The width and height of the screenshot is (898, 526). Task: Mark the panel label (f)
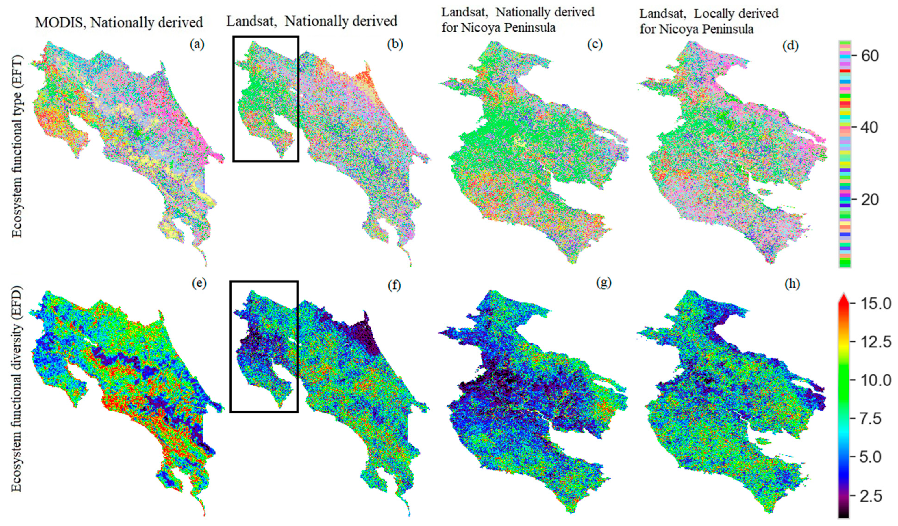pyautogui.click(x=394, y=285)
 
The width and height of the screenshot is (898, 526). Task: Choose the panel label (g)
pyautogui.click(x=603, y=283)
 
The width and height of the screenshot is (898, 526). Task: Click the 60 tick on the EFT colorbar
pyautogui.click(x=869, y=56)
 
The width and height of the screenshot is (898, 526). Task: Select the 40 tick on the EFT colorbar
pyautogui.click(x=869, y=127)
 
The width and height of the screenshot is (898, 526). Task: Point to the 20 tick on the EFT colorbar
pyautogui.click(x=869, y=199)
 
